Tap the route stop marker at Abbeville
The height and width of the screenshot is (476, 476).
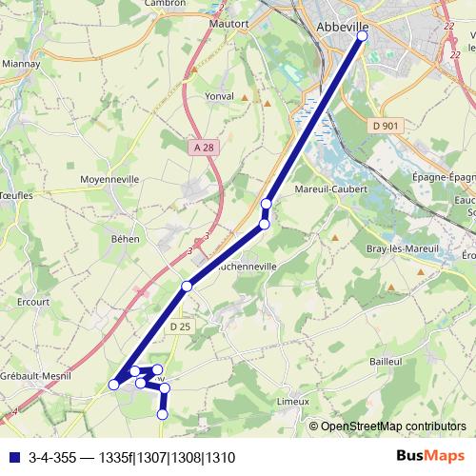point(362,36)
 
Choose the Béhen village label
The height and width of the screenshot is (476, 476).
point(125,238)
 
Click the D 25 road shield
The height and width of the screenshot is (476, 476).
point(181,327)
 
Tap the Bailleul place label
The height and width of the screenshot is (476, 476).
point(387,362)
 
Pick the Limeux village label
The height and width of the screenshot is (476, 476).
point(292,402)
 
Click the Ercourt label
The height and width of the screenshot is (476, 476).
point(32,302)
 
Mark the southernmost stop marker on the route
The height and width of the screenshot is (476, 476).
point(162,414)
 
